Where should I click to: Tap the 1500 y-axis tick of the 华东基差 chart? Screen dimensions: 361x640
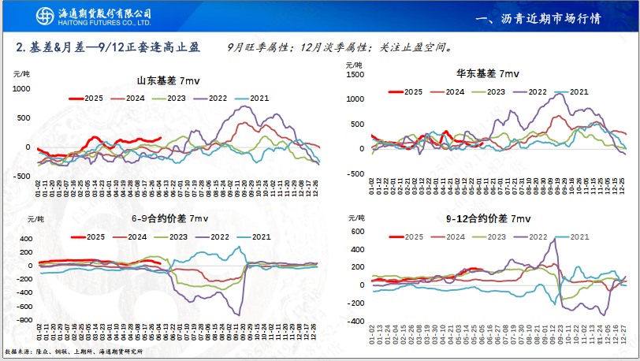pos(355,75)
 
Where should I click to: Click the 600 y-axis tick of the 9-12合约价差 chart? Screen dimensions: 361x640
pos(356,232)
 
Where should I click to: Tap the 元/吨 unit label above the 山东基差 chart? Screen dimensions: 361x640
pos(22,73)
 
